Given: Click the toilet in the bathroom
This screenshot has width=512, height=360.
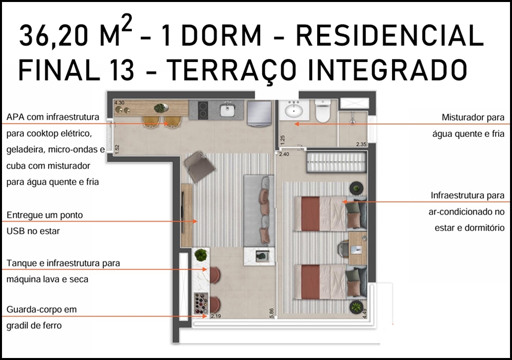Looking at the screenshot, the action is point(323,111).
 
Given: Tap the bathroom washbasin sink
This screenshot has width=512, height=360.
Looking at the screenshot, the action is point(293,110).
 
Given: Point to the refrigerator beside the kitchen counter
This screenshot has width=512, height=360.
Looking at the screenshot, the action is point(259,113).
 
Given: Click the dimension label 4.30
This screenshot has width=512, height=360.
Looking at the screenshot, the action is point(119,102).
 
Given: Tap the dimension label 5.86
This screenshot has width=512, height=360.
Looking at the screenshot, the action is point(272,313).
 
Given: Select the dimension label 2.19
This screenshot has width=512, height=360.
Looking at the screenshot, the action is point(216,316).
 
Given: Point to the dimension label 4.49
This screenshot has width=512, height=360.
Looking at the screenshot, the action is point(365,313).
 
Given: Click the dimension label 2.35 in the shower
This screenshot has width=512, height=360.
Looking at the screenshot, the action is point(361,144).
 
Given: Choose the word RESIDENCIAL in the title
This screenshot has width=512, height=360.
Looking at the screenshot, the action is point(390,35).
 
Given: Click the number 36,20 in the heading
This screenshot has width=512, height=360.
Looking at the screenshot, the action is point(53,36).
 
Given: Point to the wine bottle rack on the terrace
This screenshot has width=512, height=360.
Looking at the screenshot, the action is point(201,304).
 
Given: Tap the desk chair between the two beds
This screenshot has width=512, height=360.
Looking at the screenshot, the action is point(343,248).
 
